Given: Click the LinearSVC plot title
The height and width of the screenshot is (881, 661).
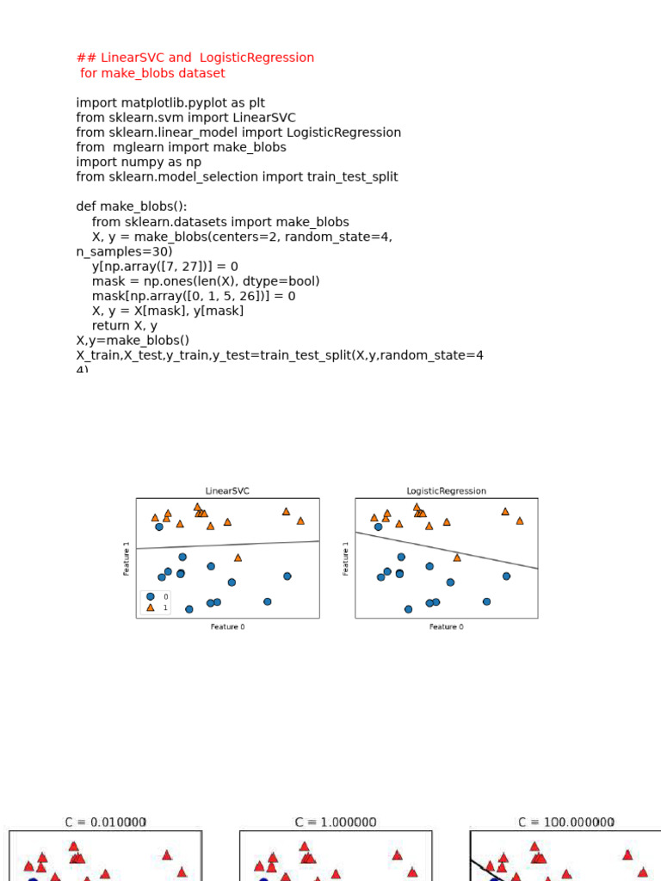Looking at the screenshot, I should (x=227, y=491).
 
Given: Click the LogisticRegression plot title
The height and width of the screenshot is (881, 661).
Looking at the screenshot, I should (x=446, y=491).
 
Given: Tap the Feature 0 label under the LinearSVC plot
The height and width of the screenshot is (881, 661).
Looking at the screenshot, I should (x=227, y=627).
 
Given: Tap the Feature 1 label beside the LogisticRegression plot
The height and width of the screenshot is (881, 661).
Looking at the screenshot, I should (x=346, y=558).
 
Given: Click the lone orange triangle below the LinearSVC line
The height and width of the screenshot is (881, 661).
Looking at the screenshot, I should (x=238, y=558).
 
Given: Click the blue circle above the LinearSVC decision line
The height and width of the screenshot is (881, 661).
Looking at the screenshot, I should (x=159, y=527).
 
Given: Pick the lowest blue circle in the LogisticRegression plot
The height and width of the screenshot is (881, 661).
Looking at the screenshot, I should (x=409, y=609).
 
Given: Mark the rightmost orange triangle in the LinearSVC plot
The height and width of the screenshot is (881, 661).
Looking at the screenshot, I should (x=300, y=521).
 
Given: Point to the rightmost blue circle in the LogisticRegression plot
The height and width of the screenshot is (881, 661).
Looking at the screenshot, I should (x=506, y=576).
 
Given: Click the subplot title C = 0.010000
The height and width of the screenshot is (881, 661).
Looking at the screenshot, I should (x=106, y=822).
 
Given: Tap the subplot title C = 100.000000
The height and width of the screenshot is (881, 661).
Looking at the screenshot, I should (x=566, y=822).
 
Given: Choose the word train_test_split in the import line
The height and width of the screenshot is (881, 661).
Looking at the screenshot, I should (x=353, y=177).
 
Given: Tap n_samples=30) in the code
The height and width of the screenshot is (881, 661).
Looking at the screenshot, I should (x=124, y=251).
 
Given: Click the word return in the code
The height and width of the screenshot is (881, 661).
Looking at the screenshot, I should (x=110, y=326).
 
